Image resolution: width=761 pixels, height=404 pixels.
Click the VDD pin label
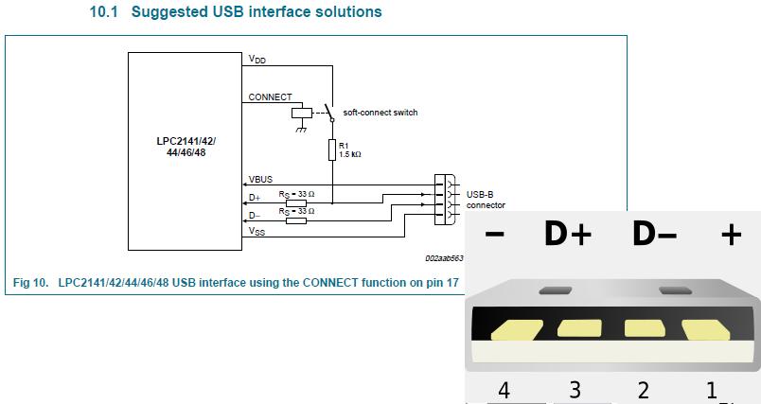(257, 60)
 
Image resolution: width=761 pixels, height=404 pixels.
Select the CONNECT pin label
(271, 97)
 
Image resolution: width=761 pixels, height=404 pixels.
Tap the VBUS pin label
(260, 180)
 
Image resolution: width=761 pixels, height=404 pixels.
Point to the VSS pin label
(257, 231)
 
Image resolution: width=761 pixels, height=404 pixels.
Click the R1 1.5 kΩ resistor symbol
(332, 149)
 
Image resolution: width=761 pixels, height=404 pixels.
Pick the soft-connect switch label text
(380, 113)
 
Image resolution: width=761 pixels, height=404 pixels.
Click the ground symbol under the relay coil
(301, 129)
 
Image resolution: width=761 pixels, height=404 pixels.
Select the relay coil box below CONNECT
(301, 113)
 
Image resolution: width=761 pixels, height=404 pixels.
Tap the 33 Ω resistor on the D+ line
(296, 203)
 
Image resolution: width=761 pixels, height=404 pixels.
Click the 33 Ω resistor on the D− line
(296, 221)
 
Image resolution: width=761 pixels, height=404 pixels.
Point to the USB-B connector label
(486, 200)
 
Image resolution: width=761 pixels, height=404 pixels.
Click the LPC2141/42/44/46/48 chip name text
(186, 147)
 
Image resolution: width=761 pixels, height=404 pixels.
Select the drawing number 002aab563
(444, 258)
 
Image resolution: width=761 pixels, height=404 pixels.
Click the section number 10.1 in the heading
(104, 11)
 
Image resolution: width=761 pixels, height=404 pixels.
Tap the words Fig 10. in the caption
(31, 282)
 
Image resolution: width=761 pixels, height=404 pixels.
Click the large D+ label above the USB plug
(568, 234)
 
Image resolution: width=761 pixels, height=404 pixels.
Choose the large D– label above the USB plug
(655, 234)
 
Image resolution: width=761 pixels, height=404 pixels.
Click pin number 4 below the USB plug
(504, 390)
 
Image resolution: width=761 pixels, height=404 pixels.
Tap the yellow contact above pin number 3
(579, 328)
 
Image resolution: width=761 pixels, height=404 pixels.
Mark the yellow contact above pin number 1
(707, 329)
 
